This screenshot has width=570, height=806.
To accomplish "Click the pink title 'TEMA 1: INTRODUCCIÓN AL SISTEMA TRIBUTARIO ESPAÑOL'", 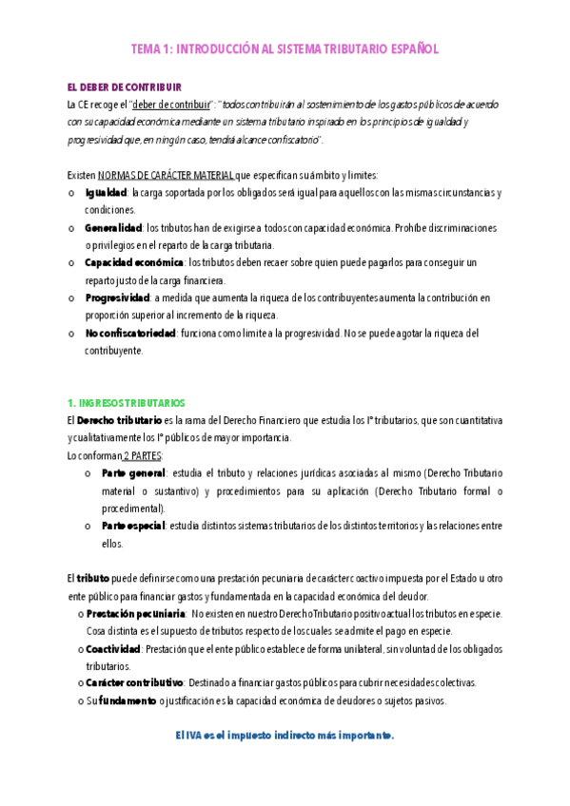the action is point(285,49).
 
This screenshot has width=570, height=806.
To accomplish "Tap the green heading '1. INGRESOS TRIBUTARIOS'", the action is point(126,402).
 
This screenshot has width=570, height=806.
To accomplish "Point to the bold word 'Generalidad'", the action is point(112,228).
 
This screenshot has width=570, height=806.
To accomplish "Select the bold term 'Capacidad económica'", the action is point(133,262).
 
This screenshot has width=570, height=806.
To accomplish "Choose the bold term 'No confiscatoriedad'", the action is point(130,333).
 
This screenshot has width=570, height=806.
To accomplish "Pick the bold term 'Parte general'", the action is point(133,472).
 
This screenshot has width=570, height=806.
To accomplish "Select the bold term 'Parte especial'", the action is point(132,526).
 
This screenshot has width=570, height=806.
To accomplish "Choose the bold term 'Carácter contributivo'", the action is point(133,683).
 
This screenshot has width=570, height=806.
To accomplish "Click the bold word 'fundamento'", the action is point(128,701).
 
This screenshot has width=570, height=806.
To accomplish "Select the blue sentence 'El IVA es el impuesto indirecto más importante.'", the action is point(285,736).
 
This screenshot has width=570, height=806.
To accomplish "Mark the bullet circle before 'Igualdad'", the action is point(73,194).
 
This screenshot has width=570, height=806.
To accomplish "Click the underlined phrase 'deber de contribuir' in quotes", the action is point(171,105).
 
